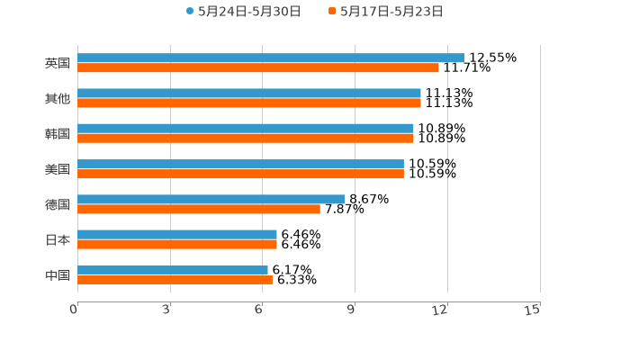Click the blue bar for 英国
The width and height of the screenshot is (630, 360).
[x=270, y=58]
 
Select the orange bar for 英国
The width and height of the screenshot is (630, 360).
[x=258, y=67]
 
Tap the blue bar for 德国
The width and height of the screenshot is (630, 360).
[x=211, y=199]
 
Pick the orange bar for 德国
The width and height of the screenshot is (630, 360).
[x=199, y=210]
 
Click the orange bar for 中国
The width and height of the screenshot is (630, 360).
[x=175, y=279]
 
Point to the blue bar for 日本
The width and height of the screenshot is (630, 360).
[x=177, y=234]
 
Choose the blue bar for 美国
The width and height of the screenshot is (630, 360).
[x=240, y=164]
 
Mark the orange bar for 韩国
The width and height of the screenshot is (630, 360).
[x=246, y=139]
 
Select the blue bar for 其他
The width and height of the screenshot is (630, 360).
[x=249, y=94]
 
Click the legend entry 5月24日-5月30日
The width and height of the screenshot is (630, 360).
[x=243, y=12]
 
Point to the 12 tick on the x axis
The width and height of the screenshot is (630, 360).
[x=441, y=310]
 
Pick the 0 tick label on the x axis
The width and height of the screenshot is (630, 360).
[x=75, y=310]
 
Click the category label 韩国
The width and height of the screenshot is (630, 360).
[x=57, y=134]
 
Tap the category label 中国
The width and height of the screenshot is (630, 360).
[x=57, y=274]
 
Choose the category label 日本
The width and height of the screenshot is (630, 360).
[x=57, y=239]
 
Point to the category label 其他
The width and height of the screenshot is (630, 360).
[x=57, y=99]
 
